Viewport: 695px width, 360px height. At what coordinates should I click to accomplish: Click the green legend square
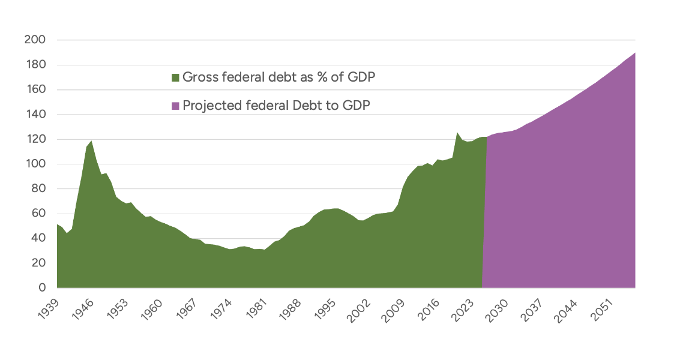(x=175, y=77)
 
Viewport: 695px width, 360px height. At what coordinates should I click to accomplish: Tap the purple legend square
(x=175, y=106)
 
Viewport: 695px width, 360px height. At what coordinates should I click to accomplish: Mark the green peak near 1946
(x=91, y=141)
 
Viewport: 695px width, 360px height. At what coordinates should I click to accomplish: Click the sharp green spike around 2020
(x=457, y=133)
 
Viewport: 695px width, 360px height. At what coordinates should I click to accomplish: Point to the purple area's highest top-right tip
(x=634, y=53)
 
